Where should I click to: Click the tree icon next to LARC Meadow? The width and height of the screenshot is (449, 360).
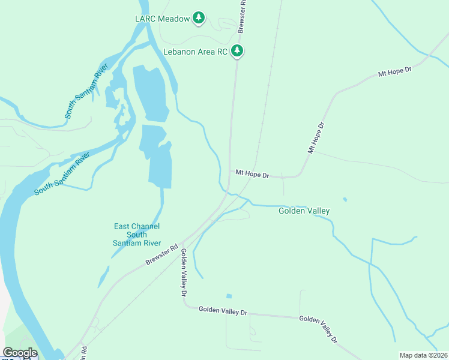[199, 19]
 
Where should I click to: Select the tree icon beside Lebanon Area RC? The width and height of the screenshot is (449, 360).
[238, 51]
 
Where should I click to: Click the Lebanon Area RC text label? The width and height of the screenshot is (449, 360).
[196, 52]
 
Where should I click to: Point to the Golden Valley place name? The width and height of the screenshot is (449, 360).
[304, 211]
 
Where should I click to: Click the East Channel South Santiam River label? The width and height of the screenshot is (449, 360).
[137, 235]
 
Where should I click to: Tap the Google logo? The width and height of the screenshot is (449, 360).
[20, 353]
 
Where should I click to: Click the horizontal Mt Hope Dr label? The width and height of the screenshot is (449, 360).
[252, 174]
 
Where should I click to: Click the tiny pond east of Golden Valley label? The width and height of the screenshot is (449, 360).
[345, 199]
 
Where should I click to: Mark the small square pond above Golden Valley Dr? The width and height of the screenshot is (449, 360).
[229, 296]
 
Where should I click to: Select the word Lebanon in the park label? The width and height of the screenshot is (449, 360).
[181, 52]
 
